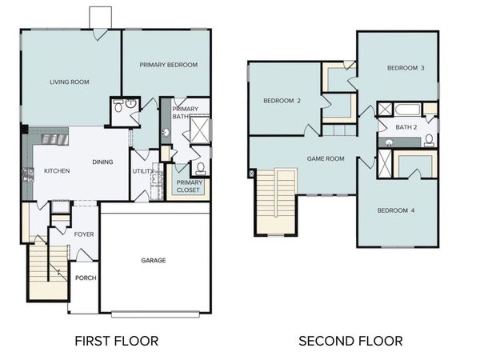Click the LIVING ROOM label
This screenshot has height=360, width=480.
(x=69, y=82)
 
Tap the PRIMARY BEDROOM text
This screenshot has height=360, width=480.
(x=168, y=65)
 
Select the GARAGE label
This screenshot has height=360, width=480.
(x=154, y=260)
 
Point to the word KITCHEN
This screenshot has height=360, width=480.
(x=57, y=171)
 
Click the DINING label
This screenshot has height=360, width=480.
(x=102, y=162)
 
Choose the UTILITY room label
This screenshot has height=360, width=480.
(x=143, y=171)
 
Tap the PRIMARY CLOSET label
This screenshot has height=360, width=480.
(x=190, y=186)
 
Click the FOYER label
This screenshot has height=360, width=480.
(x=84, y=235)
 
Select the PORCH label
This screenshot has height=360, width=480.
(x=85, y=278)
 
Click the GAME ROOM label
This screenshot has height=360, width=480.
(x=326, y=158)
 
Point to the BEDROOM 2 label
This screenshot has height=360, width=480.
(x=282, y=101)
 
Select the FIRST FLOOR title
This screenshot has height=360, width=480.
(x=116, y=341)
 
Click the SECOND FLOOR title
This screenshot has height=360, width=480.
(x=350, y=341)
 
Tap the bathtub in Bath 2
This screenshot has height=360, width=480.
(x=406, y=110)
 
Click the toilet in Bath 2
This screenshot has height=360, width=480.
(x=430, y=141)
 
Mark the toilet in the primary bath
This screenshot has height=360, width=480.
(x=200, y=168)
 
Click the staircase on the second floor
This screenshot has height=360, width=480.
(x=275, y=200)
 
